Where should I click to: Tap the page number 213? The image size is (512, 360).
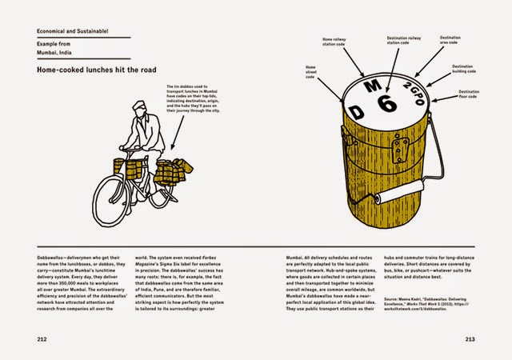pyautogui.click(x=470, y=337)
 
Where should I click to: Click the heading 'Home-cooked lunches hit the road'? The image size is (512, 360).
pyautogui.click(x=86, y=70)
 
